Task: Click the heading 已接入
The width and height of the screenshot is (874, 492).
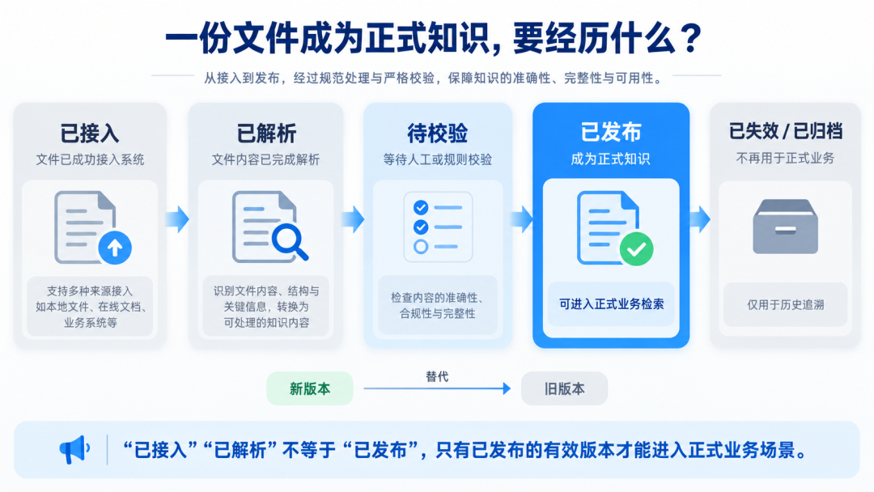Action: pyautogui.click(x=90, y=134)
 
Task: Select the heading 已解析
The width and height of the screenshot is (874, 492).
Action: pyautogui.click(x=266, y=134)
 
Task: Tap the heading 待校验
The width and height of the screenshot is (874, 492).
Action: pyautogui.click(x=438, y=134)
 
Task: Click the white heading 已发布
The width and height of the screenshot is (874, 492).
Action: pyautogui.click(x=611, y=132)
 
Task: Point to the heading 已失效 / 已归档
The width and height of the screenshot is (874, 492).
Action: pyautogui.click(x=785, y=132)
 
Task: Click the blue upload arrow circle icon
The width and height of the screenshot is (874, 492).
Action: pyautogui.click(x=115, y=248)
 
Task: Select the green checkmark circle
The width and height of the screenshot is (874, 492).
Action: pyautogui.click(x=637, y=249)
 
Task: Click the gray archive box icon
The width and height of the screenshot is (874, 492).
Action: pyautogui.click(x=785, y=227)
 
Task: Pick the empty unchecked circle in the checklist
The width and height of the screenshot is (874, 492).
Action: pyautogui.click(x=421, y=246)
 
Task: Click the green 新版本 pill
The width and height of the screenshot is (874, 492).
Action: pyautogui.click(x=310, y=388)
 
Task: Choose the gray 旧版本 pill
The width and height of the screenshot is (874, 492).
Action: pyautogui.click(x=564, y=388)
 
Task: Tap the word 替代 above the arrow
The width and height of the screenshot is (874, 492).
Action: pyautogui.click(x=437, y=376)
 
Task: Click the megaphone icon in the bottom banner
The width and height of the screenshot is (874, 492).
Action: pyautogui.click(x=74, y=449)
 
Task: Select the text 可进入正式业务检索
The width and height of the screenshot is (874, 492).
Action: pyautogui.click(x=612, y=304)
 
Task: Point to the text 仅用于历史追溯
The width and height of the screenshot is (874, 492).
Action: pyautogui.click(x=785, y=305)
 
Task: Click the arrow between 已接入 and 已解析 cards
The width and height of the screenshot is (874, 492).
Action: pyautogui.click(x=178, y=218)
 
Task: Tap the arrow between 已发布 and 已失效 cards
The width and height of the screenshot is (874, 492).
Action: pyautogui.click(x=699, y=218)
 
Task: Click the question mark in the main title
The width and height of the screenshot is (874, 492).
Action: pyautogui.click(x=691, y=39)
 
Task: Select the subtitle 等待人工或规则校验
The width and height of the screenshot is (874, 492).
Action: pyautogui.click(x=438, y=160)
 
